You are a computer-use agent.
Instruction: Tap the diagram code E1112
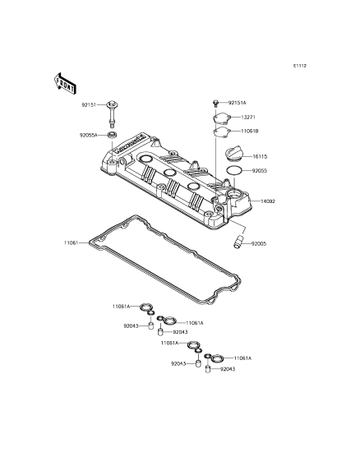point(300,66)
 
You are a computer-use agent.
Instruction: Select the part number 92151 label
point(89,105)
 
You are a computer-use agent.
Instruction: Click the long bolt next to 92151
point(112,113)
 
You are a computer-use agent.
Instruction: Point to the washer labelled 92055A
point(113,135)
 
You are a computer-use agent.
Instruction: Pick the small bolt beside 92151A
point(215,103)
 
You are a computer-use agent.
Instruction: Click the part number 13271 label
point(248,118)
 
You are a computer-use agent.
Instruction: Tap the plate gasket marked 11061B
point(221,132)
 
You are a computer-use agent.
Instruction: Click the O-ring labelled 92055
point(234,171)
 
